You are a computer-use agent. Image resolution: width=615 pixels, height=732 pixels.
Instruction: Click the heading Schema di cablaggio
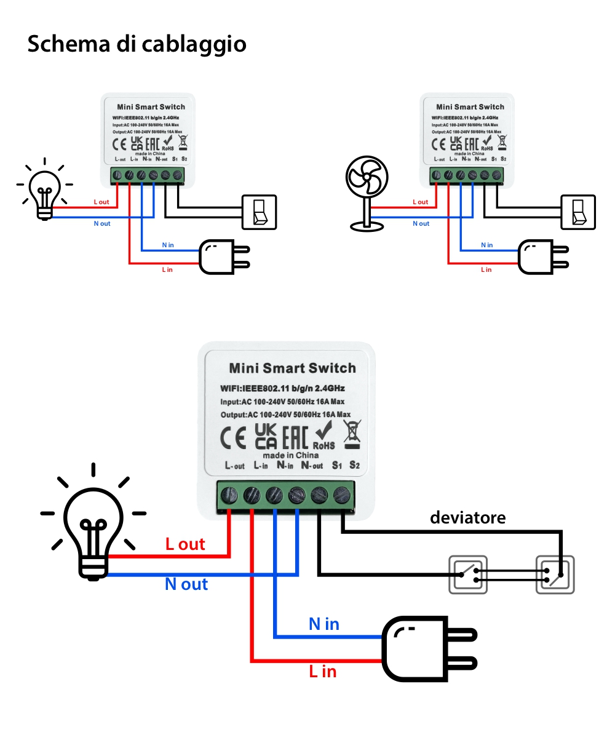[137, 44]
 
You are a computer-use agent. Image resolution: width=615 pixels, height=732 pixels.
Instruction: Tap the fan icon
[368, 192]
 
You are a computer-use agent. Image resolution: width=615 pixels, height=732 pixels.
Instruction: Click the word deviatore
[467, 517]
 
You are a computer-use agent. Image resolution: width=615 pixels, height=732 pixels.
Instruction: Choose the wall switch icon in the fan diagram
[578, 212]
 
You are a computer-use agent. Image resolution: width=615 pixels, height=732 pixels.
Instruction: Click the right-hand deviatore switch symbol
[555, 574]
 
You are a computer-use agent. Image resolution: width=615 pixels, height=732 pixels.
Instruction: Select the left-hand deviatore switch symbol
[468, 574]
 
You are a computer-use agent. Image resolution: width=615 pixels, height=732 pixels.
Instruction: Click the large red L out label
[185, 544]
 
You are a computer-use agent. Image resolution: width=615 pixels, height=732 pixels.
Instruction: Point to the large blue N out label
[186, 584]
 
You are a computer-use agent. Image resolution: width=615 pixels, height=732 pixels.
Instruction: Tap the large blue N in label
[324, 624]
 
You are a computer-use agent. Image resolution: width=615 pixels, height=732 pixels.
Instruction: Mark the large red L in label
[323, 671]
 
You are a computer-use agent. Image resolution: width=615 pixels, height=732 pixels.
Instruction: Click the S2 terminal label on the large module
[354, 465]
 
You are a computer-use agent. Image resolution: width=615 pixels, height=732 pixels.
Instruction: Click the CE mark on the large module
[234, 437]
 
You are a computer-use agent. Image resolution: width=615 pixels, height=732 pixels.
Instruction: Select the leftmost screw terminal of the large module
[229, 494]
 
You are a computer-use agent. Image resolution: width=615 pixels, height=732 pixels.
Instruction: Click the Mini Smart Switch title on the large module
[292, 368]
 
